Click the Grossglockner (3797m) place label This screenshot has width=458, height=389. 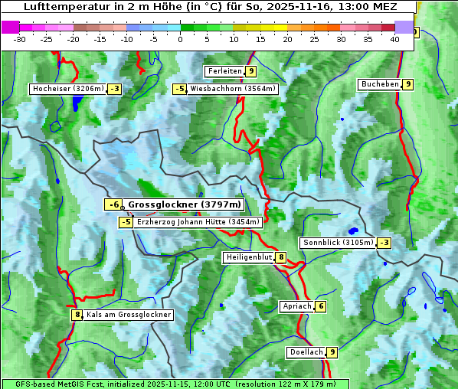tap(184, 204)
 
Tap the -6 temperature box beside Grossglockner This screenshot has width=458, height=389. tap(113, 204)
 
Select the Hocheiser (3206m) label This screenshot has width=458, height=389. tap(67, 89)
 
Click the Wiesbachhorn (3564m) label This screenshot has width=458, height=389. tap(233, 89)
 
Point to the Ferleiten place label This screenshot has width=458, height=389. tap(224, 71)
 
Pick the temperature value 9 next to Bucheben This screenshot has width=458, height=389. tap(408, 83)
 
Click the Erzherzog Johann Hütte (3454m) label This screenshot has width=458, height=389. tap(198, 222)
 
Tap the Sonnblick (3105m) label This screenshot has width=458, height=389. tap(338, 243)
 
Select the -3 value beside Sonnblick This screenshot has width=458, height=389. tap(384, 243)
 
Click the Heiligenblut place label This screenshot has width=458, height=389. tap(248, 257)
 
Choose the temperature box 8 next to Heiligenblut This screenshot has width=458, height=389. tap(281, 257)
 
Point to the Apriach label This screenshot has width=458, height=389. tap(296, 306)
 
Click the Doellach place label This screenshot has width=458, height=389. tap(305, 352)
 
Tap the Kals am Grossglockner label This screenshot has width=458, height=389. tap(128, 315)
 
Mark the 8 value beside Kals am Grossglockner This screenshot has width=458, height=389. tap(77, 315)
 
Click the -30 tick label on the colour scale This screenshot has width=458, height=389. tap(20, 39)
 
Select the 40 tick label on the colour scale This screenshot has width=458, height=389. tap(394, 39)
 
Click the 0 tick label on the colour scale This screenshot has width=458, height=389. tap(180, 39)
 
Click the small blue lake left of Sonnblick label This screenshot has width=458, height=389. tap(352, 230)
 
